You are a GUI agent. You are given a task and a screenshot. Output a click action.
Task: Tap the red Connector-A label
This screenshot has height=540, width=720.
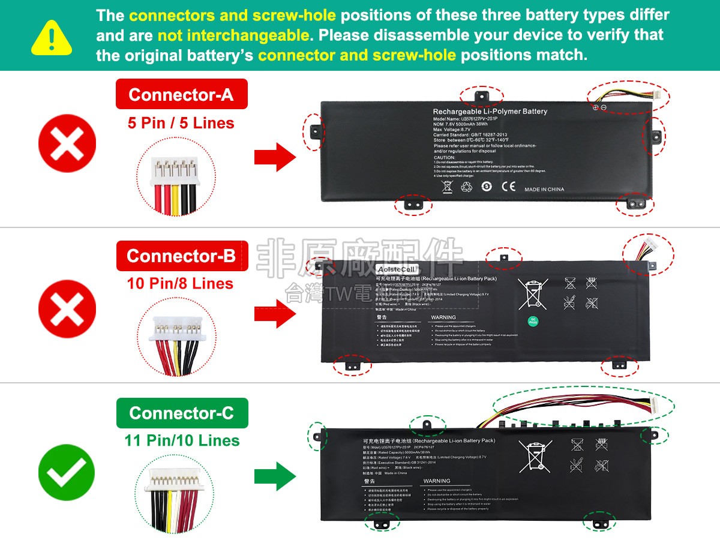pyautogui.click(x=181, y=95)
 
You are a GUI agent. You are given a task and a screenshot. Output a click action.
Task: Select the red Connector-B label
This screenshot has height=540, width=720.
pyautogui.click(x=181, y=256)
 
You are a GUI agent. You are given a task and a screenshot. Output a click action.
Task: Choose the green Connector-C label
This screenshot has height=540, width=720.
pyautogui.click(x=181, y=413)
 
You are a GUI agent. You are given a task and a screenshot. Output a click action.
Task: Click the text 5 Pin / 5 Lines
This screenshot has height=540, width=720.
pyautogui.click(x=181, y=124)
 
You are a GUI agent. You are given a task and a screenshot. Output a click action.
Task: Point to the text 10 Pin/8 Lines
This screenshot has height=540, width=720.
pyautogui.click(x=180, y=283)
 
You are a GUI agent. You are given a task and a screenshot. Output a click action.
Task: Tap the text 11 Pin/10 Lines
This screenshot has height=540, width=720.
pyautogui.click(x=182, y=440)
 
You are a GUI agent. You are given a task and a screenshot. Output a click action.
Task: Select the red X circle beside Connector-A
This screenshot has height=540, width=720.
pyautogui.click(x=67, y=145)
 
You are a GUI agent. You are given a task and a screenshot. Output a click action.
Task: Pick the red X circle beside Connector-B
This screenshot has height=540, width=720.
pyautogui.click(x=67, y=312)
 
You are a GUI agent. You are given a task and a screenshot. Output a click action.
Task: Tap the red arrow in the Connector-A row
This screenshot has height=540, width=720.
pyautogui.click(x=275, y=157)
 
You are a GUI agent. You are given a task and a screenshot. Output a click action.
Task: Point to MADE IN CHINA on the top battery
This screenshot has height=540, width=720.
pyautogui.click(x=544, y=190)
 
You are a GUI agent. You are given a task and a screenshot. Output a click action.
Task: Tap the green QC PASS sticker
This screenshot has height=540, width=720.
pyautogui.click(x=533, y=321)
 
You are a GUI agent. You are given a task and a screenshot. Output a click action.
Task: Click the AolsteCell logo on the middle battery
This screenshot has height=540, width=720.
pyautogui.click(x=397, y=269)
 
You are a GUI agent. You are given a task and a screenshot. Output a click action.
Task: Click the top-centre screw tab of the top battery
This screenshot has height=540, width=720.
pyautogui.click(x=481, y=96)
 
